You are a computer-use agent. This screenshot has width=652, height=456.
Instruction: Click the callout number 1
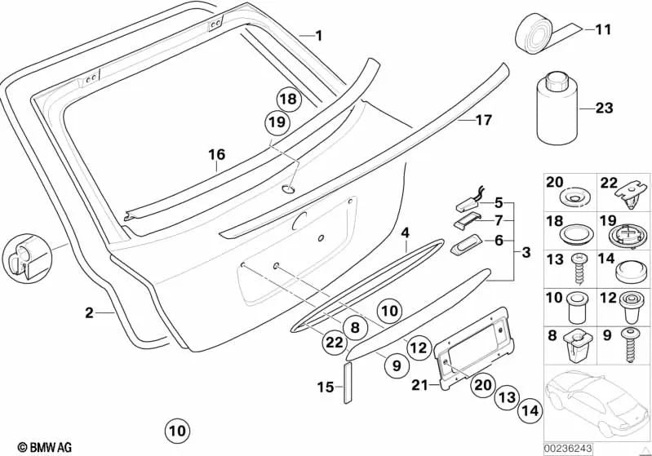click(x=319, y=35)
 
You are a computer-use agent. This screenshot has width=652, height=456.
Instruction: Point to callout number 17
click(x=483, y=121)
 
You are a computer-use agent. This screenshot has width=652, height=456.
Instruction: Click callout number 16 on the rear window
click(x=216, y=154)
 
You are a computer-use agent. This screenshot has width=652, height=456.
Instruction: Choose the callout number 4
click(x=405, y=233)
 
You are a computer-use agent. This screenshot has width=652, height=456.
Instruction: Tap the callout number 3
click(x=526, y=252)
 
